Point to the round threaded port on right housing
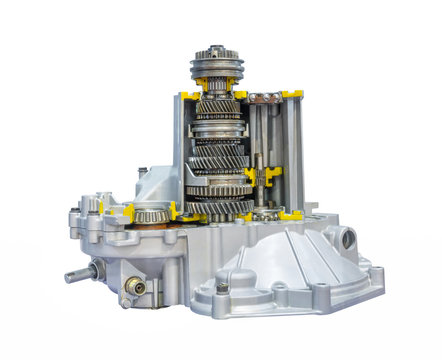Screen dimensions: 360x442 coord(346,239)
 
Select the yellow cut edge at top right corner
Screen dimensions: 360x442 coord(292,94)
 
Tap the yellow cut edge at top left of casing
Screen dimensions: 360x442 coord(189,96)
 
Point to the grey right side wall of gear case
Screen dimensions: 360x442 coord(296,150)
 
